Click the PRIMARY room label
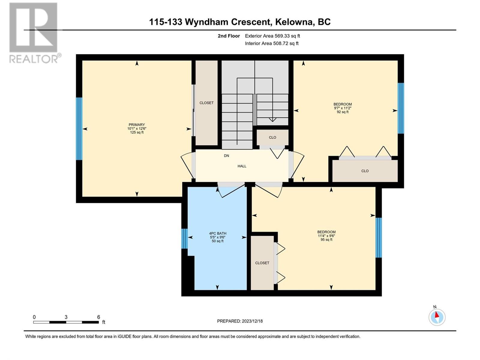137,124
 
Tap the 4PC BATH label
217,233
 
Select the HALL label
242,166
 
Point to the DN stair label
226,156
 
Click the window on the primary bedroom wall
79,129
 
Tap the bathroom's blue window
184,239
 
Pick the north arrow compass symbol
437,317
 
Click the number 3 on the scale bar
66,317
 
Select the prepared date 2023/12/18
252,321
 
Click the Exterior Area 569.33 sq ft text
272,36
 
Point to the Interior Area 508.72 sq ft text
271,43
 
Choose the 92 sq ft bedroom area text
343,112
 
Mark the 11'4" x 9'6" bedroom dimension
326,236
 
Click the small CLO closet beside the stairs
272,137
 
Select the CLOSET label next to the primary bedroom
206,103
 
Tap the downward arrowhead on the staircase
272,120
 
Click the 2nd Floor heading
229,36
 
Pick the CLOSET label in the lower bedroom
262,263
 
